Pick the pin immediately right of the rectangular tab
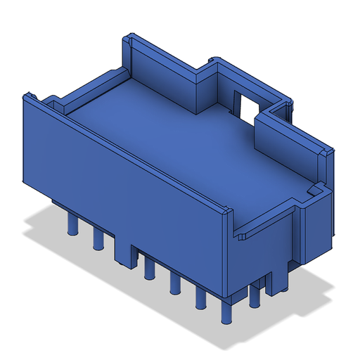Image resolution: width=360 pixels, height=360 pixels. tap(149, 269)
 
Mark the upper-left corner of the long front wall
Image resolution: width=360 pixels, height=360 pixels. tap(28, 95)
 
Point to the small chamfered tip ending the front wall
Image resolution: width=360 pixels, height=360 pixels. tap(226, 211)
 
